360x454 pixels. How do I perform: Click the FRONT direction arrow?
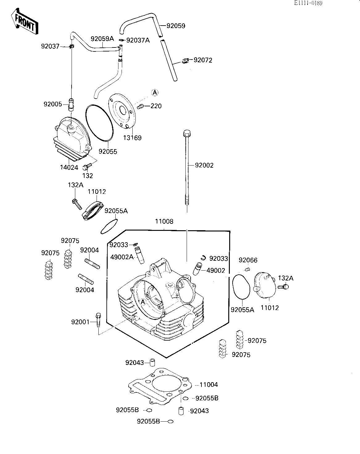click(24, 21)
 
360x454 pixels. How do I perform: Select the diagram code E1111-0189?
click(308, 3)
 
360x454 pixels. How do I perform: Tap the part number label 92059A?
click(102, 39)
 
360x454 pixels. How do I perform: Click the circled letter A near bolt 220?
click(155, 92)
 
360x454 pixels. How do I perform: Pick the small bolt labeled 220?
click(140, 106)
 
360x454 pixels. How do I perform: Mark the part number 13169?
click(132, 138)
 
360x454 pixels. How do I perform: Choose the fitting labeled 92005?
click(71, 104)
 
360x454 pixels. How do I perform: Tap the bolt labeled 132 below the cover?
click(87, 166)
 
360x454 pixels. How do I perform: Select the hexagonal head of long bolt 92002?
click(187, 133)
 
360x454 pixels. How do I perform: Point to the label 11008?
click(164, 221)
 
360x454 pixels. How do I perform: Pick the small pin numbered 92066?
click(247, 269)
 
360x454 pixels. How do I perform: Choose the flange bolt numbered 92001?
click(98, 320)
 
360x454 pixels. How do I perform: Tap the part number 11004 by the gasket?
click(209, 385)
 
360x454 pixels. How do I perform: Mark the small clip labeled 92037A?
click(122, 40)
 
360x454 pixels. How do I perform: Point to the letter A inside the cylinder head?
click(143, 302)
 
